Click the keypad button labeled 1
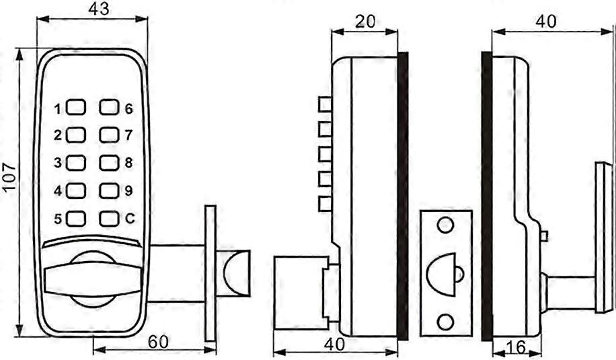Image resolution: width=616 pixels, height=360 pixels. [x=77, y=108]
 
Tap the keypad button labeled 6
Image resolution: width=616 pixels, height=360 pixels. [x=109, y=108]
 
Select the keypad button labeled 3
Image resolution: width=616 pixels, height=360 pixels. [x=77, y=163]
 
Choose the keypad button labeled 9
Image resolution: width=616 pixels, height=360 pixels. [x=109, y=190]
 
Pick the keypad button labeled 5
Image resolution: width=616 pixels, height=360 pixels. [x=77, y=218]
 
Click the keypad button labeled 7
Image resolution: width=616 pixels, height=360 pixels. [x=109, y=135]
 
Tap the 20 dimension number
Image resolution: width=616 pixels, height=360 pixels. [x=365, y=21]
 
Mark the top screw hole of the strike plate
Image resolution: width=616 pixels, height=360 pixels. [x=445, y=225]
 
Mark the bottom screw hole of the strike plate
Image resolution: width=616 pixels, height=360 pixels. [x=445, y=322]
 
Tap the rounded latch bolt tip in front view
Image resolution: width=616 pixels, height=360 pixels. [x=237, y=272]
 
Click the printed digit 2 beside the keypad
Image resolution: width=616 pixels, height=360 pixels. [x=59, y=135]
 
